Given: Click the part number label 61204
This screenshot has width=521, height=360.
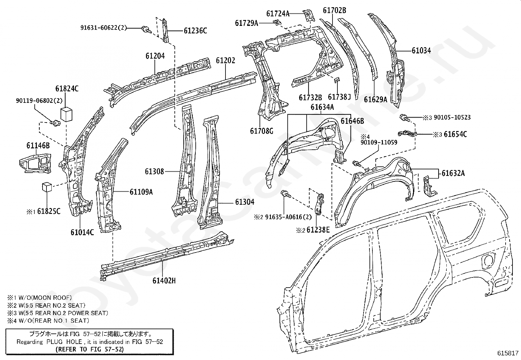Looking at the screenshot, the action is (155, 56).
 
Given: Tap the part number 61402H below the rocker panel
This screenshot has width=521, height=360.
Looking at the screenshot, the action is (164, 281).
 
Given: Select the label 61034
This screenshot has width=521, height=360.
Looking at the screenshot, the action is (421, 50).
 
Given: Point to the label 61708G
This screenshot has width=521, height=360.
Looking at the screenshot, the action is (262, 131).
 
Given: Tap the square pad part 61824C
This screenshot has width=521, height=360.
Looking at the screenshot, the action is (66, 114).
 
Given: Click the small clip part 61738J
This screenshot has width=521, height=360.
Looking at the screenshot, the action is (337, 80).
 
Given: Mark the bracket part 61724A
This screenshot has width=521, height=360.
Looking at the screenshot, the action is (308, 16).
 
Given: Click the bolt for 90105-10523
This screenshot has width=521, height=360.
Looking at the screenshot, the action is (404, 118).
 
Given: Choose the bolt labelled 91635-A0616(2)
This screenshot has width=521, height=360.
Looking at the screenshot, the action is (286, 194).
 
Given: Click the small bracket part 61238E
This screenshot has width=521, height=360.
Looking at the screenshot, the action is (319, 204).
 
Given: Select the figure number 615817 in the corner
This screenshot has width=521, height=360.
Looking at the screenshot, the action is (508, 353).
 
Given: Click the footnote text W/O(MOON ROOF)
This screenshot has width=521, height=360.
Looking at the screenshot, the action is (45, 297).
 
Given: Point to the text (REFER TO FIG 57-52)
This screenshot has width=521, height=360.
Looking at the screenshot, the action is (90, 349).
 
